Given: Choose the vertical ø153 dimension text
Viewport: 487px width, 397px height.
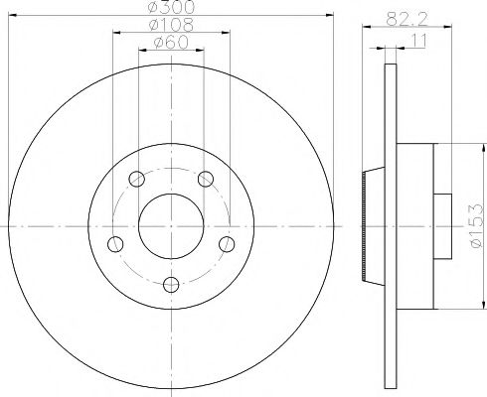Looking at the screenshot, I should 477,229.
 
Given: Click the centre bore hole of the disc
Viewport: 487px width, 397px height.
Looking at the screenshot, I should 171,227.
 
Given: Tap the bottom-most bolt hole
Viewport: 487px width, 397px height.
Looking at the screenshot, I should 171,286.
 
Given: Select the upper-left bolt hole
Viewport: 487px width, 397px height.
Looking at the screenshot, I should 136,179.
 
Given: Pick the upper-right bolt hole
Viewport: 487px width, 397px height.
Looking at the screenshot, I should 206,179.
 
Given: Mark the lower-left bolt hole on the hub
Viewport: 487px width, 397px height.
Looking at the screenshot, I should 115,244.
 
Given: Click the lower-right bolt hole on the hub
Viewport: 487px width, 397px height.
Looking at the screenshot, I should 227,244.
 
